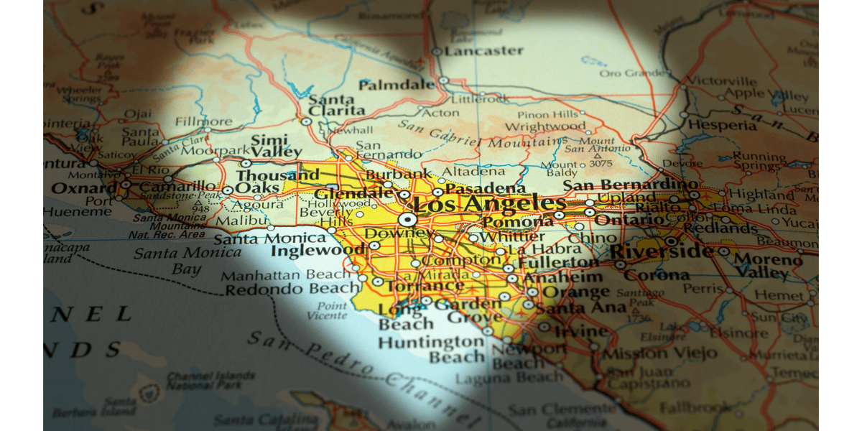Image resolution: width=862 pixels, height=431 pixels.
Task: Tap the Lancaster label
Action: tap(483, 51)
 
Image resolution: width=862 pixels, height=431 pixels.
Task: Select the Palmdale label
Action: tap(397, 85)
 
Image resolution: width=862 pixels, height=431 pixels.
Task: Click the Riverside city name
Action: tap(661, 252)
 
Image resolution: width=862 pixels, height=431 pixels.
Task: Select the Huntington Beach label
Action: tap(431, 350)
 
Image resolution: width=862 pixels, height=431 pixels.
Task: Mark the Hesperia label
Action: tap(722, 124)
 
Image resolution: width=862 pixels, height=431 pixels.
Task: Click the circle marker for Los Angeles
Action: tap(407, 218)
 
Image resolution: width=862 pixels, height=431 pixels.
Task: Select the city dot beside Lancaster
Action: tap(436, 52)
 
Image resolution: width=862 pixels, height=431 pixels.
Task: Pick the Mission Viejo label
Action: tap(659, 353)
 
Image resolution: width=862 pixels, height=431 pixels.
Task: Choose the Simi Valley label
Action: tap(277, 146)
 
